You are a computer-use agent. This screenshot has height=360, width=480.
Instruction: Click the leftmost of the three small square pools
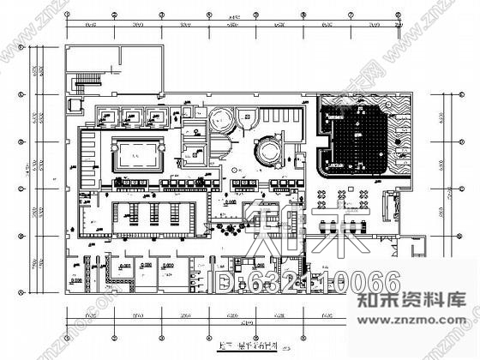coord(110,116)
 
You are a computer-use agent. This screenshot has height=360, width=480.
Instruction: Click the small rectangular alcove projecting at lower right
coord(417,249)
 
